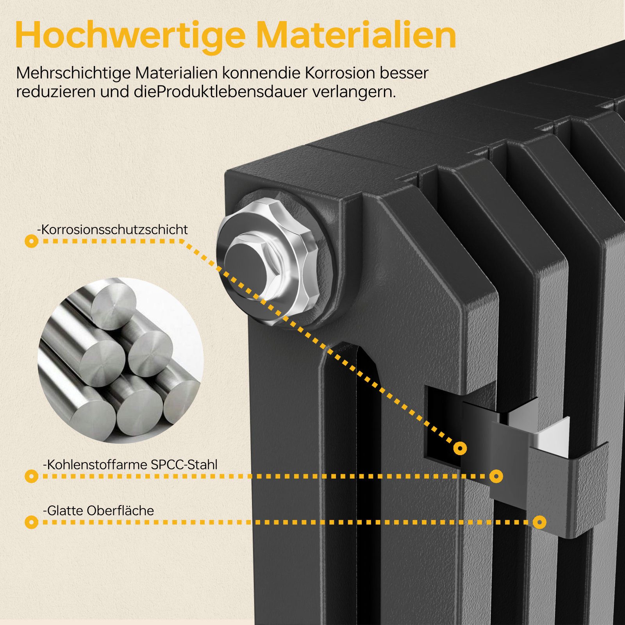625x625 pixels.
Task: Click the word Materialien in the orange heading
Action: (x=356, y=36)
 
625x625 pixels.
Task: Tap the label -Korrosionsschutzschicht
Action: (x=112, y=229)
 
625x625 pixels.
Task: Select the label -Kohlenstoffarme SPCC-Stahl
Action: (x=130, y=464)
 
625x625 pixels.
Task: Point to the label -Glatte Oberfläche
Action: (x=98, y=511)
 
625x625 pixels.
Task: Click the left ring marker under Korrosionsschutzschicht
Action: (x=31, y=241)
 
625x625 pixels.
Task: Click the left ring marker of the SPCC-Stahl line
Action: (x=31, y=476)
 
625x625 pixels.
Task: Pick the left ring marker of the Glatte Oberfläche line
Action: (x=31, y=522)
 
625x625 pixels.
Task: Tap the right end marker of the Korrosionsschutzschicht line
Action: (x=461, y=448)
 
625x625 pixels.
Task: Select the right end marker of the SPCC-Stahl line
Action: (x=496, y=476)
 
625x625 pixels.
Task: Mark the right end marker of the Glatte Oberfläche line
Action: (x=539, y=522)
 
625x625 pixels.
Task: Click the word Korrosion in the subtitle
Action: (x=335, y=73)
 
